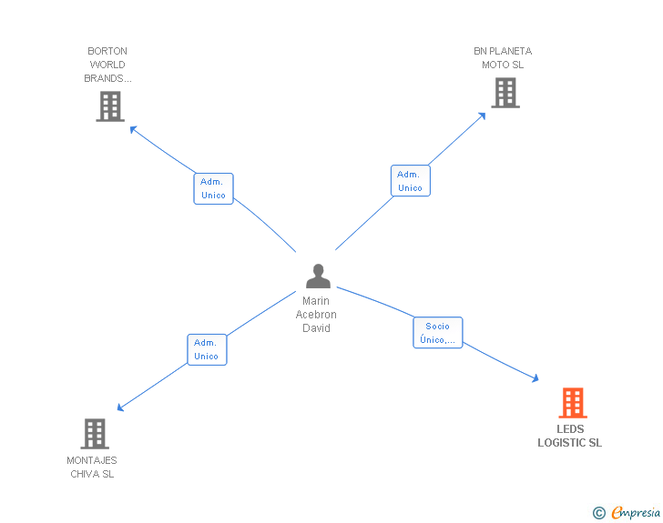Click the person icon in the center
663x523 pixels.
tap(318, 276)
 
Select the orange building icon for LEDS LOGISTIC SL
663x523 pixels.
tap(572, 402)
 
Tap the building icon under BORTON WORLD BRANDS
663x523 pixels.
tap(109, 106)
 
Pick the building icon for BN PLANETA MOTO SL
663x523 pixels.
tap(505, 93)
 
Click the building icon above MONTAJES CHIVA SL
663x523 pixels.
tap(94, 434)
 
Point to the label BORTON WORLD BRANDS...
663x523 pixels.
tap(107, 65)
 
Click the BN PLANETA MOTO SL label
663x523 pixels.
tap(503, 58)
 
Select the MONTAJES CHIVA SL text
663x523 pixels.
tap(92, 467)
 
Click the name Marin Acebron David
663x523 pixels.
tap(317, 315)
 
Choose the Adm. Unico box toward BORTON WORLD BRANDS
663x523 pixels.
tap(213, 188)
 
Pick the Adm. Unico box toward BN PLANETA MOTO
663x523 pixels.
tap(410, 181)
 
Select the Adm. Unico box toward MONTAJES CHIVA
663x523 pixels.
tap(207, 349)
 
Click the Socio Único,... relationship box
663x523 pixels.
tap(438, 333)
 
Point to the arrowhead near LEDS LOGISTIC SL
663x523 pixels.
tap(535, 378)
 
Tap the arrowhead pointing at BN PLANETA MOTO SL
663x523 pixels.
tap(483, 116)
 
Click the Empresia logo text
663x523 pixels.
tap(636, 512)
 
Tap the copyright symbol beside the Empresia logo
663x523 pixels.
tap(599, 513)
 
